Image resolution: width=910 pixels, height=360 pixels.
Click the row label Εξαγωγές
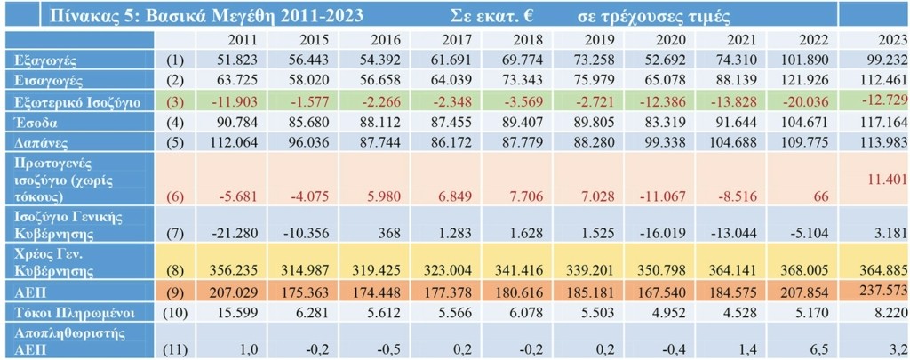(x=43, y=60)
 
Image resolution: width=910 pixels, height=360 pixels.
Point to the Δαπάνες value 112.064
(x=235, y=142)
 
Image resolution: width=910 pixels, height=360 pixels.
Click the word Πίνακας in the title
(x=86, y=14)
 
